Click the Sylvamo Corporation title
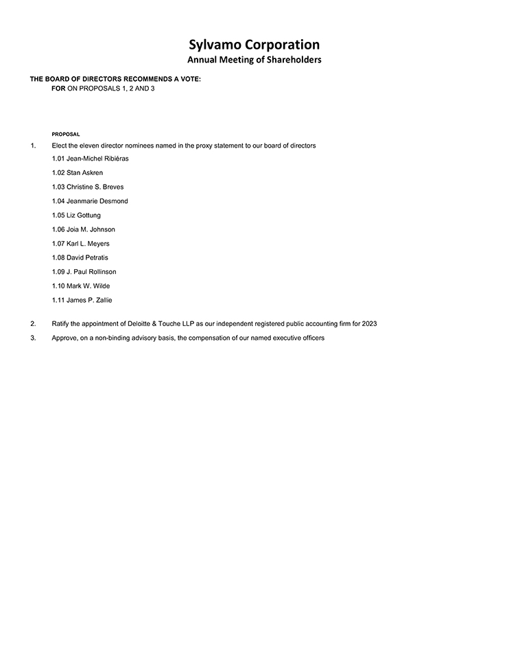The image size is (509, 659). click(x=254, y=45)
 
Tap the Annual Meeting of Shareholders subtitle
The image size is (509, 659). click(x=254, y=60)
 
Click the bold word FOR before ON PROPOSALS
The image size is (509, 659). click(x=58, y=89)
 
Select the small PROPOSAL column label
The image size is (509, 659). click(x=66, y=134)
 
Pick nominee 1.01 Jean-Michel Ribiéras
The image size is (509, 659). click(x=90, y=159)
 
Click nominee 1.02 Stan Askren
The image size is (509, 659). click(x=78, y=173)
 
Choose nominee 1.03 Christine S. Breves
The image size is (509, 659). click(x=88, y=187)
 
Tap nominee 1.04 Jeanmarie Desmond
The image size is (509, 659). click(x=90, y=201)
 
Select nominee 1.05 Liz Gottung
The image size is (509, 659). click(x=76, y=216)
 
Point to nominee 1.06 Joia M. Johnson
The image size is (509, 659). click(x=84, y=229)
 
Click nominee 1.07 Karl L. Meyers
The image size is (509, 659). click(x=80, y=244)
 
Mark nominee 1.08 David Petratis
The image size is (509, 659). click(x=80, y=257)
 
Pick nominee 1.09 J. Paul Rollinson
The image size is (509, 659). click(x=84, y=272)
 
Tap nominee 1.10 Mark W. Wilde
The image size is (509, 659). click(x=81, y=286)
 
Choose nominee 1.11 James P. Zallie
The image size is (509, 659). click(x=82, y=300)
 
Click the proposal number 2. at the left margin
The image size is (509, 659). click(x=33, y=323)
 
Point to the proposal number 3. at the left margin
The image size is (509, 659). click(x=33, y=338)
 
